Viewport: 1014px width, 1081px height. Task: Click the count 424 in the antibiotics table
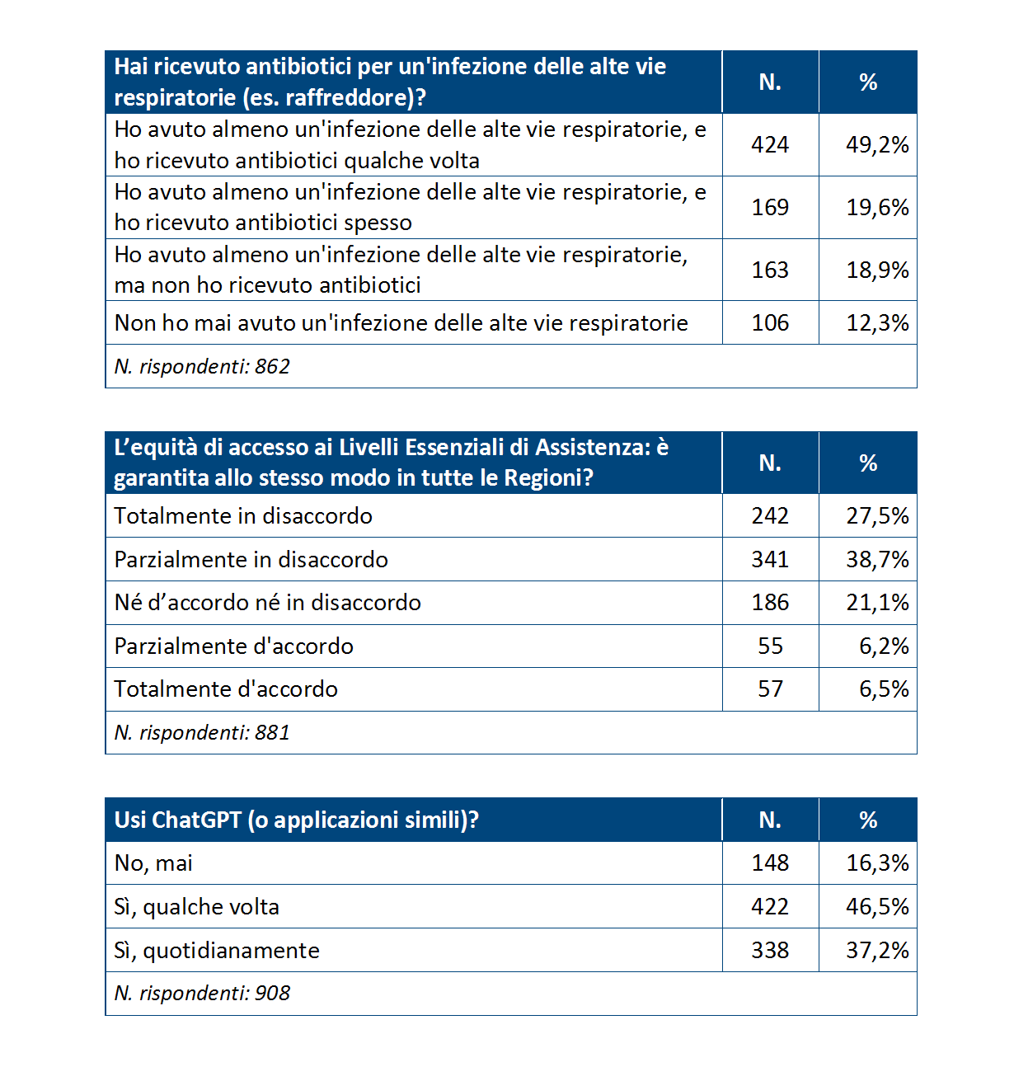(x=770, y=145)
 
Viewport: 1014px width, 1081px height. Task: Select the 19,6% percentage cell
(x=877, y=208)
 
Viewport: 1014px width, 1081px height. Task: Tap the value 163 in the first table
(x=770, y=270)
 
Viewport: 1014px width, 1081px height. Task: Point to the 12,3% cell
(x=877, y=322)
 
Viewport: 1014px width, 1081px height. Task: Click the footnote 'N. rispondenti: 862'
(x=202, y=366)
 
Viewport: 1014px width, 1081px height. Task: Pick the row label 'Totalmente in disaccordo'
(x=243, y=516)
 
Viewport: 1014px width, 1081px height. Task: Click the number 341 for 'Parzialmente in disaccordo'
(x=770, y=560)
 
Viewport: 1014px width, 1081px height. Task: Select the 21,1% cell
(x=877, y=603)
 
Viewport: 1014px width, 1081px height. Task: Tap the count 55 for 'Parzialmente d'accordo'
(x=770, y=646)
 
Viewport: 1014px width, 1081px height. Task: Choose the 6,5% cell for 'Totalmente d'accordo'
(x=884, y=689)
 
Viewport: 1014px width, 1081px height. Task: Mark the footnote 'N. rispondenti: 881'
(x=202, y=733)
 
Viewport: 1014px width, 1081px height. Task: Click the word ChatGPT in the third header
(x=196, y=820)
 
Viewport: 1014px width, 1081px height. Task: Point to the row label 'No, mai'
(x=153, y=863)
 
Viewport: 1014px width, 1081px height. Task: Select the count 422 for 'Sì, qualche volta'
(x=770, y=907)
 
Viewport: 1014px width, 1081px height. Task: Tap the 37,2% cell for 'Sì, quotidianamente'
(x=877, y=951)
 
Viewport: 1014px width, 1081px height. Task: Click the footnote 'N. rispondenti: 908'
(x=202, y=994)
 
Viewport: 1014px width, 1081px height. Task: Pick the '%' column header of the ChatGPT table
(x=868, y=820)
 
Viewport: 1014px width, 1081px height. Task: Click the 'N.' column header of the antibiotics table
(x=770, y=82)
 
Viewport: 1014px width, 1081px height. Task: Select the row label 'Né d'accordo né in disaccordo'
(x=268, y=603)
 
